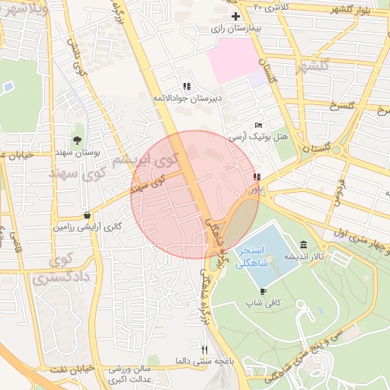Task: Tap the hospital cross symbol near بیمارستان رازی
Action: (x=235, y=16)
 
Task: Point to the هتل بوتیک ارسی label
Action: (x=259, y=136)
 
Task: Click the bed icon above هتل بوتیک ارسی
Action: (x=259, y=125)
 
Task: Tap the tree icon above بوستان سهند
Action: (x=78, y=139)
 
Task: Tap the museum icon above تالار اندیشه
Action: (x=304, y=245)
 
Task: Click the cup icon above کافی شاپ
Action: (x=264, y=291)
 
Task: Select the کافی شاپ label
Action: (x=264, y=303)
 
